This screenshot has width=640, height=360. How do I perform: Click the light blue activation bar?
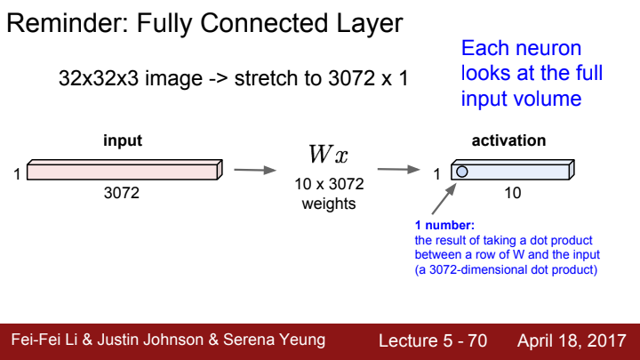click(x=516, y=171)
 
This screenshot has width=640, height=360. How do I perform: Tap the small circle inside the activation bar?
click(x=461, y=172)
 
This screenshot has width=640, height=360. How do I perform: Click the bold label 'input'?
click(x=123, y=140)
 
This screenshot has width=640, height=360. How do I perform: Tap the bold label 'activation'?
click(x=508, y=140)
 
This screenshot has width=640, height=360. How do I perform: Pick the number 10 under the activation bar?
click(x=512, y=192)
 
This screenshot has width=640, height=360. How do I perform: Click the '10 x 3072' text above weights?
click(x=329, y=186)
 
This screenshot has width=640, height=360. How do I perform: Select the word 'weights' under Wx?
click(x=329, y=204)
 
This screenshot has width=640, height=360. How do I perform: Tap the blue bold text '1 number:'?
click(x=444, y=227)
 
